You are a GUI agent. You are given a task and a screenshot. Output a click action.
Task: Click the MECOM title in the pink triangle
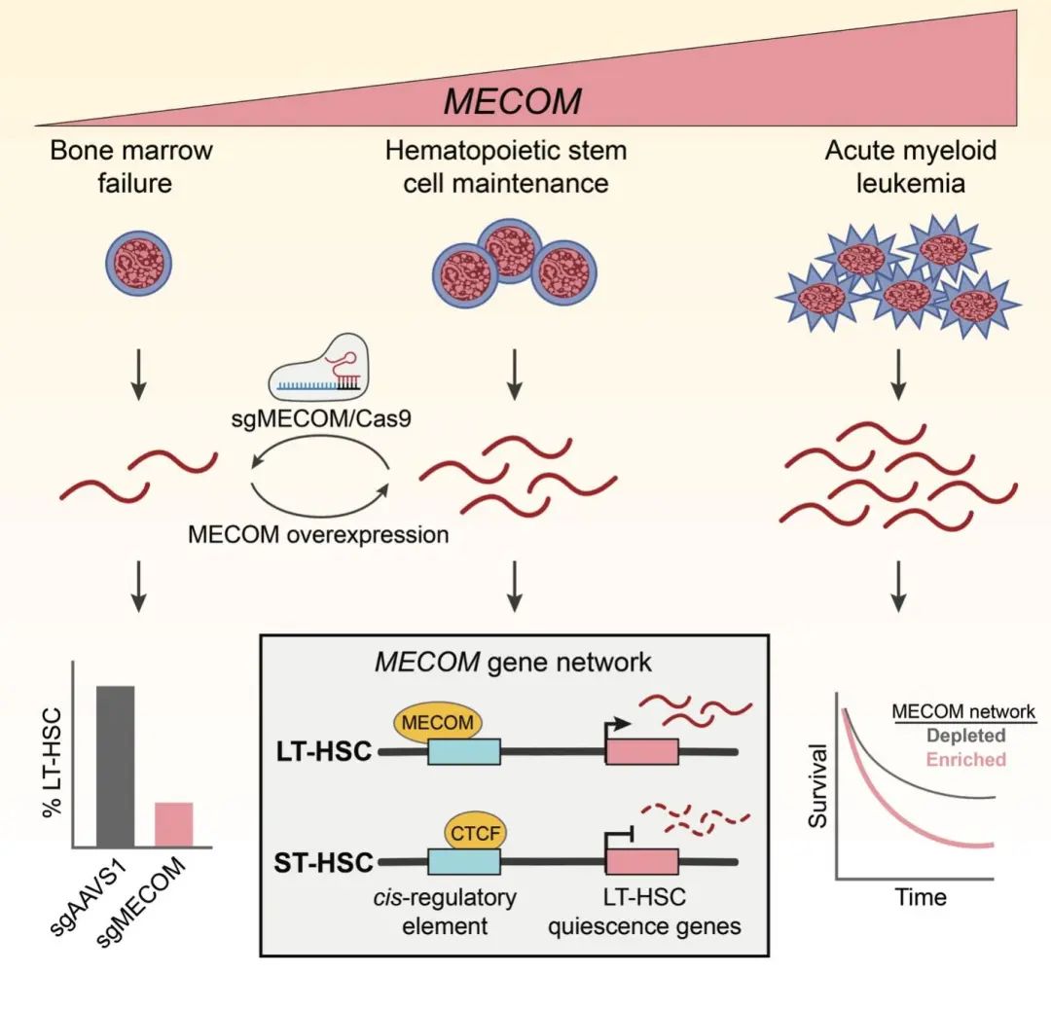(513, 101)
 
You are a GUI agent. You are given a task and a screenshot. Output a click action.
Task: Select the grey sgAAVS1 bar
(115, 767)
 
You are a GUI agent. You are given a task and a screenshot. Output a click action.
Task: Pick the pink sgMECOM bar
(173, 825)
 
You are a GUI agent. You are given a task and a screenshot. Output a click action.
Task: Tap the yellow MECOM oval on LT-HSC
(437, 722)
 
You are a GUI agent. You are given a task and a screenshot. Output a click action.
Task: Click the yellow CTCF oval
(475, 833)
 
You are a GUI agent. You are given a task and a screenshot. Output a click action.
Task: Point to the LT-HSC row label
(324, 752)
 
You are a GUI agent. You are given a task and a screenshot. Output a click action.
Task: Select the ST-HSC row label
(323, 862)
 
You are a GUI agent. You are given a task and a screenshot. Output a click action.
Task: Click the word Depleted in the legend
(966, 736)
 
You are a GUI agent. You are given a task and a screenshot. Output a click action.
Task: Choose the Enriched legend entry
(966, 759)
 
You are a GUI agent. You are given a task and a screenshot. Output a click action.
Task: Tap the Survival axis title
(818, 786)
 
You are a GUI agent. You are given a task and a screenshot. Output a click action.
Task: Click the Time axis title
(921, 897)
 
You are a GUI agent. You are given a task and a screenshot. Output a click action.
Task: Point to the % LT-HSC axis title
(52, 763)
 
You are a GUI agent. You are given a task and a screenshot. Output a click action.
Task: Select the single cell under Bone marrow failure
(139, 263)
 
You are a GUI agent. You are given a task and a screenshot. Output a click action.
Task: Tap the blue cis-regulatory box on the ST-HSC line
(464, 862)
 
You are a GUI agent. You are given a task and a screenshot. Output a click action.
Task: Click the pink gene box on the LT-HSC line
(642, 752)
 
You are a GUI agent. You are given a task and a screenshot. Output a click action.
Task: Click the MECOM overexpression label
(318, 534)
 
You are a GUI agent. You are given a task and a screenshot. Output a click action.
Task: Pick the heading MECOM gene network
(513, 663)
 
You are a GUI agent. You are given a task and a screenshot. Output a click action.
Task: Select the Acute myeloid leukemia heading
(910, 166)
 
